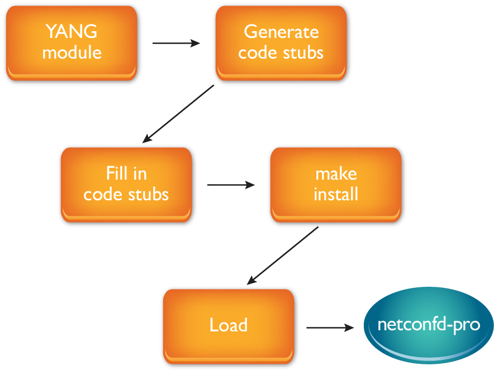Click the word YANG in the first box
(x=72, y=32)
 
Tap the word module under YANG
(x=72, y=53)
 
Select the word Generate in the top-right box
(x=281, y=32)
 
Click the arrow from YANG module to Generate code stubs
(x=176, y=43)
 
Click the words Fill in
(x=126, y=174)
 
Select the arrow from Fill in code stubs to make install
(x=231, y=185)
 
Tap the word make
(x=336, y=174)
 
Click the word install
(x=336, y=194)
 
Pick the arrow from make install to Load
(x=282, y=256)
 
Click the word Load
(x=228, y=325)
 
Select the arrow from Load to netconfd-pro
(x=330, y=327)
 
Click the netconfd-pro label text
(x=429, y=325)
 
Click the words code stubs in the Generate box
(x=281, y=53)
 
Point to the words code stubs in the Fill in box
(x=126, y=194)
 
